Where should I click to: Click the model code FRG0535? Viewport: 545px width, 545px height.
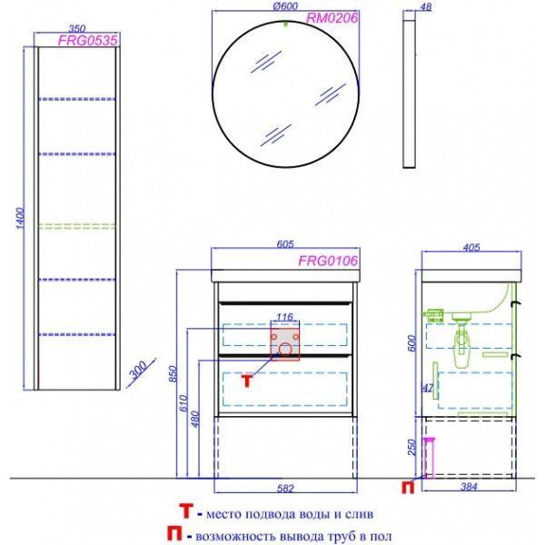[x=87, y=41]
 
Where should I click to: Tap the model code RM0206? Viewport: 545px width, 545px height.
[x=332, y=18]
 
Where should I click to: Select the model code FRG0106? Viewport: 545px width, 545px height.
[x=328, y=261]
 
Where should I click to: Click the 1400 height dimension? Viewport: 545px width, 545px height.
[x=21, y=218]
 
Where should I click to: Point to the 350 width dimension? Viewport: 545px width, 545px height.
[x=77, y=28]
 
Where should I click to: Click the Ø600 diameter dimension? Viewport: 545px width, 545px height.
[x=285, y=6]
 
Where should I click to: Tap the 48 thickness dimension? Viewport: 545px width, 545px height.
[x=426, y=7]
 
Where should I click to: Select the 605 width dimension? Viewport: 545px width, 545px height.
[x=285, y=244]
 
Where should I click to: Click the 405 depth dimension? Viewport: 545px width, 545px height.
[x=471, y=247]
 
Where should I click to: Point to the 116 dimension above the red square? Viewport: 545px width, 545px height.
[x=284, y=317]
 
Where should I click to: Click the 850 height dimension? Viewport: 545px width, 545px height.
[x=173, y=373]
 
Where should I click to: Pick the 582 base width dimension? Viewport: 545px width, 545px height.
[x=285, y=489]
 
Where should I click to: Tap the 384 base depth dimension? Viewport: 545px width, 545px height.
[x=469, y=487]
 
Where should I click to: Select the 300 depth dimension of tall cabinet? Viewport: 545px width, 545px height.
[x=138, y=370]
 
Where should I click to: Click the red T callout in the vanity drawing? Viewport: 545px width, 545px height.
[x=247, y=381]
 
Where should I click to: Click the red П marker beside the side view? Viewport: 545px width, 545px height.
[x=408, y=487]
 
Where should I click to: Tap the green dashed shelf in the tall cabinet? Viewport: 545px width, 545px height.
[x=77, y=226]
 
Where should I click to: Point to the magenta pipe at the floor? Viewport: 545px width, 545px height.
[x=430, y=458]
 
